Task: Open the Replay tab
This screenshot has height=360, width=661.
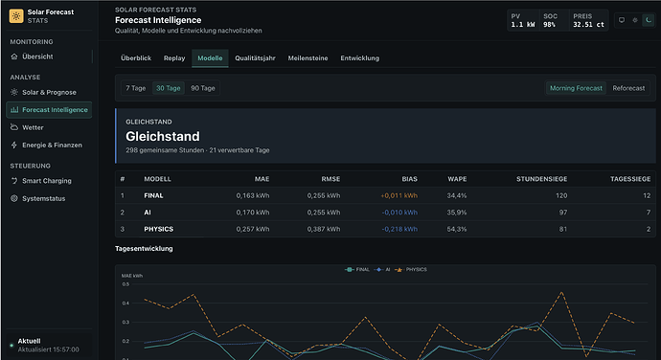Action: coord(174,58)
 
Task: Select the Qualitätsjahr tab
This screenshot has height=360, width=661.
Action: coord(255,58)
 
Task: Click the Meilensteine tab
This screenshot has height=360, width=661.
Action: coord(308,58)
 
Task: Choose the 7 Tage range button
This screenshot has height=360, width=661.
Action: coord(136,88)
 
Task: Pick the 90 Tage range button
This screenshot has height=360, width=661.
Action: coord(203,88)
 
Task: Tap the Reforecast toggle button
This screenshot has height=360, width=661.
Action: coord(628,88)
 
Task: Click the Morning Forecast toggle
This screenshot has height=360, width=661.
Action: coord(576,88)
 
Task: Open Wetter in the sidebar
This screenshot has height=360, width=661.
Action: coord(33,127)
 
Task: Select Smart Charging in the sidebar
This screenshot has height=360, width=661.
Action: coord(46,181)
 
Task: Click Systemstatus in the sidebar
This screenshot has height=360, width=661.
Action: coord(43,198)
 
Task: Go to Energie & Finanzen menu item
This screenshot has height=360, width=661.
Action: coord(52,145)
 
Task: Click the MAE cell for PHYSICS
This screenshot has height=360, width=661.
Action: coord(253,229)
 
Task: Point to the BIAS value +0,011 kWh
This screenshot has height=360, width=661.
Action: coord(399,195)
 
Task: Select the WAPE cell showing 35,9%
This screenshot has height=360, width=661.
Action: coord(457,213)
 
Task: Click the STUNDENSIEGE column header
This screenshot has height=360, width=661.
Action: coord(541,179)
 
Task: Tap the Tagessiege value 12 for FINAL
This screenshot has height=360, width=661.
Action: coord(647,195)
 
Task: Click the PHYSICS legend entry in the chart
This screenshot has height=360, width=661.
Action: coord(411,270)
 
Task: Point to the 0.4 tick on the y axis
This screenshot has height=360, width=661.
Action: coord(125,304)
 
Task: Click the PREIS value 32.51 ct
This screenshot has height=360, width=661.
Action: coord(588,25)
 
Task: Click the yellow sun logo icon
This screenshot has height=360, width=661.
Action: coord(16,16)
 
